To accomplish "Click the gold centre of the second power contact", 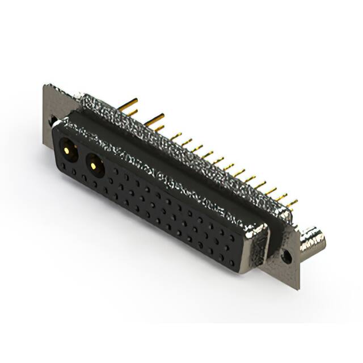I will (92, 165).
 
